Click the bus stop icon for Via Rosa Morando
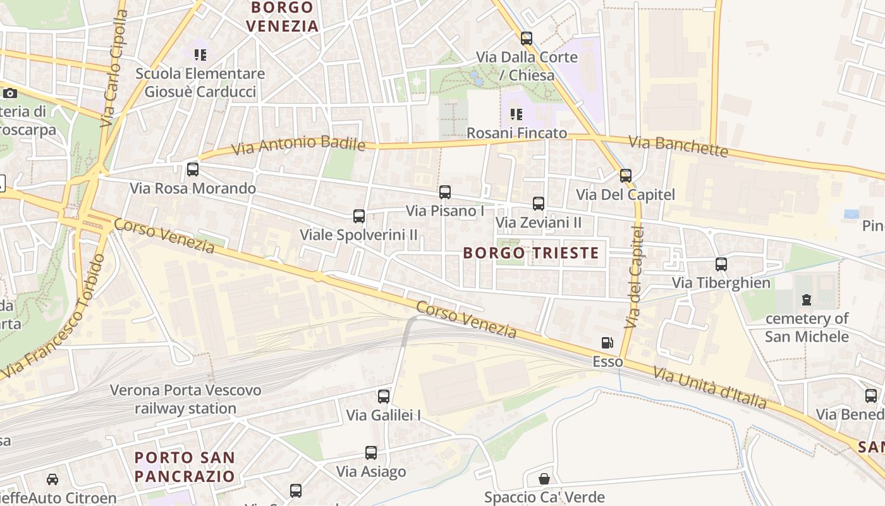[193, 170]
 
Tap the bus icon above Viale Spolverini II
[359, 216]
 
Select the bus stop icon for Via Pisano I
[445, 192]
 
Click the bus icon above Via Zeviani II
[539, 204]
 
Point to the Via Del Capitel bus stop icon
[626, 176]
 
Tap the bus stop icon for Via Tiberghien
[721, 264]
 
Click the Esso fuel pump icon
[607, 343]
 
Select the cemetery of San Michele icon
[807, 300]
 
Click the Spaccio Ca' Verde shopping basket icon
[544, 479]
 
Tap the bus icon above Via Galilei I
[384, 397]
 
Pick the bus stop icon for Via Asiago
[371, 453]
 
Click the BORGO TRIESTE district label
[531, 253]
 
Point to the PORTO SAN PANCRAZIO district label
[185, 466]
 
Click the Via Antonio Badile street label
[298, 145]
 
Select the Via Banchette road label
[678, 146]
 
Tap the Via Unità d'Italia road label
[710, 388]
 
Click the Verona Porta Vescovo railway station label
[186, 399]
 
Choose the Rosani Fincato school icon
[516, 114]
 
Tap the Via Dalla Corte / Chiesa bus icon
[527, 39]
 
